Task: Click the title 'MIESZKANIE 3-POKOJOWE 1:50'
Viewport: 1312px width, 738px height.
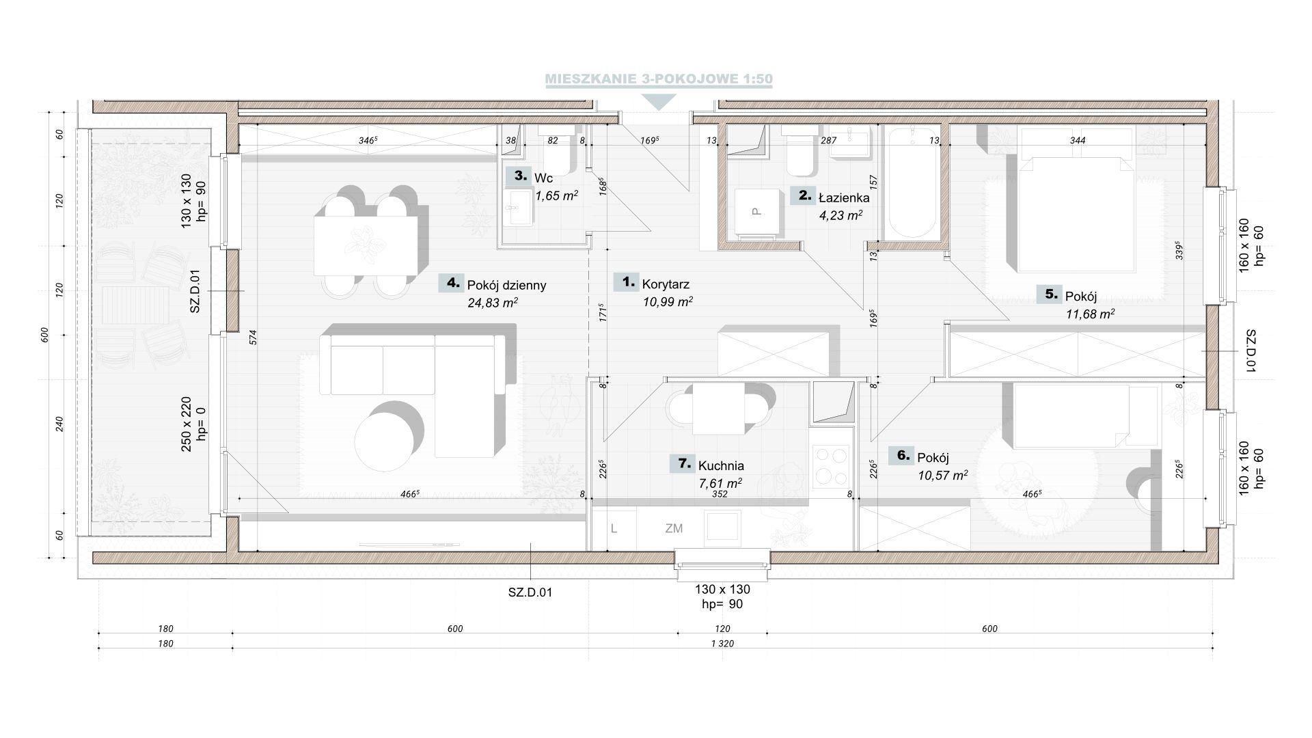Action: coord(659,79)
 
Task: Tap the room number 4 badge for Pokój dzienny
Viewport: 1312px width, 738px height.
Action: coord(450,283)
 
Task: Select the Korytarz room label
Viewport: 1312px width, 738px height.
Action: coord(666,284)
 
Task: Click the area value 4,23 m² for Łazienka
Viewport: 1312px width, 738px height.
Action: coord(840,215)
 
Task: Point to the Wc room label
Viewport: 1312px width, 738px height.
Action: coord(543,178)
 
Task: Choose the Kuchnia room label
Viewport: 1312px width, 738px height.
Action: coord(721,466)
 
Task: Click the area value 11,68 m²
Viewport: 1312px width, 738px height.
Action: coord(1090,314)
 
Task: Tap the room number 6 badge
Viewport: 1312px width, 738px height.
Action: coord(901,456)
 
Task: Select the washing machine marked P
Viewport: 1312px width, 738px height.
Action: coord(758,213)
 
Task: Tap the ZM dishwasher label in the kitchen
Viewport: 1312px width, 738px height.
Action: coord(674,528)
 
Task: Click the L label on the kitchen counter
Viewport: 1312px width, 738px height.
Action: coord(614,528)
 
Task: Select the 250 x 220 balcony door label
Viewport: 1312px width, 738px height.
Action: coord(192,424)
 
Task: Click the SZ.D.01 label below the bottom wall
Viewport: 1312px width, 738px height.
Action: coord(530,592)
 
